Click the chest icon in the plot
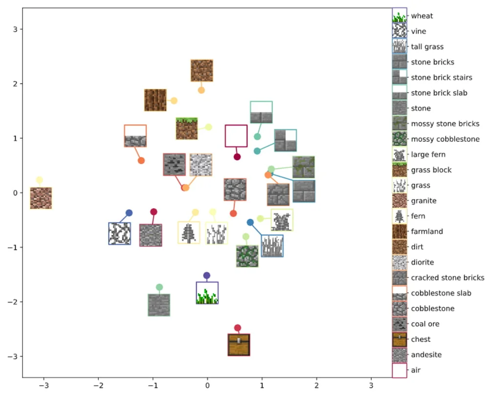pos(239,345)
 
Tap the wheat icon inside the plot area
pos(207,293)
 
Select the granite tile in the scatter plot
pos(41,198)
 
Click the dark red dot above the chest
pos(238,328)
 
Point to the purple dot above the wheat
pos(207,276)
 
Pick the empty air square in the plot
pos(236,136)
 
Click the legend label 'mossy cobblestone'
pos(445,139)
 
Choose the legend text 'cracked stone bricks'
pos(447,277)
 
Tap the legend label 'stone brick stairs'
pos(442,77)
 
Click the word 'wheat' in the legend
pos(422,16)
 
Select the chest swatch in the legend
pos(400,339)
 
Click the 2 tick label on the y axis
pos(15,84)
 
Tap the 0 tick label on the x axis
pos(207,385)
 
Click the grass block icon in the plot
pos(186,128)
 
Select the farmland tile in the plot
pos(156,100)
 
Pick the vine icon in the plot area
pos(119,233)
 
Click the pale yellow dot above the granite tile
pos(39,180)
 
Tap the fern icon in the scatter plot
pos(189,233)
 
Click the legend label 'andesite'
pos(426,355)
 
